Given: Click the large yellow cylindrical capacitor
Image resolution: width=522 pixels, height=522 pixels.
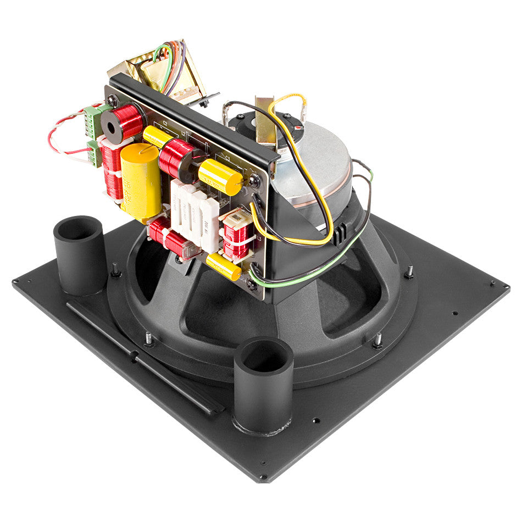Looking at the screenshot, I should point(141,181).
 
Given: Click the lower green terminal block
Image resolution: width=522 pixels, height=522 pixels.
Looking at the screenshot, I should point(95,153).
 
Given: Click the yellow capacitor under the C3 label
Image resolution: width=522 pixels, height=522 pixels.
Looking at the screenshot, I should point(220,176).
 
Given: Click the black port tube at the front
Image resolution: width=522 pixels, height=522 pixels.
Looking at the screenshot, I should point(263,385).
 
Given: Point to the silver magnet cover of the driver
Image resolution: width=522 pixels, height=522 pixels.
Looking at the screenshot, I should point(319,159).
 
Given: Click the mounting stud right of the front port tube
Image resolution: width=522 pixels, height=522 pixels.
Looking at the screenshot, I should point(377,341).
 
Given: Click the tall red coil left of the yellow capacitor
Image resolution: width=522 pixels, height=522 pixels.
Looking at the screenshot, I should point(113,170).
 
